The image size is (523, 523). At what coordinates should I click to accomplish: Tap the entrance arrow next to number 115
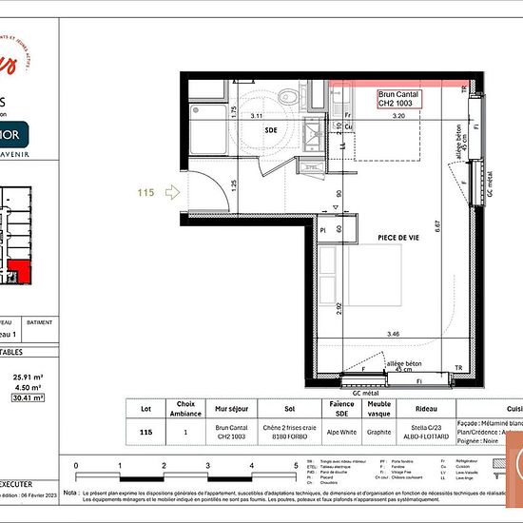173,193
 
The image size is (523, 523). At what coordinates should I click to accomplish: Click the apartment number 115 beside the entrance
145,193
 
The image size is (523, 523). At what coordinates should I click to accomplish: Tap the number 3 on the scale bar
208,466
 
